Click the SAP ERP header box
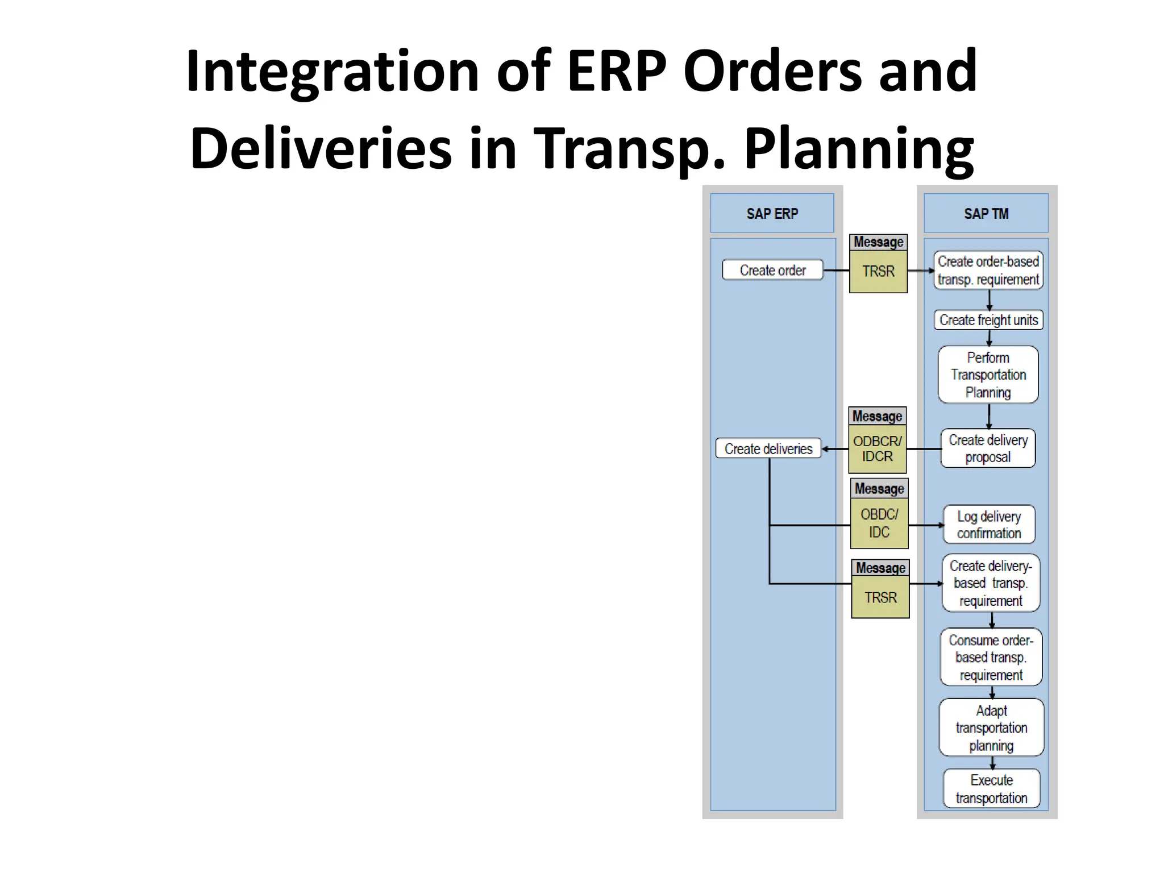point(772,213)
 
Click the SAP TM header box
point(986,213)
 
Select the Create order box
point(772,270)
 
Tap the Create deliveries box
point(768,448)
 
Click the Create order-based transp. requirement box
point(988,271)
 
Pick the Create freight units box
point(988,320)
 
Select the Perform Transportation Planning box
point(988,375)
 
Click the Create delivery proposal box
point(988,448)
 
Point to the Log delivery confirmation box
point(989,525)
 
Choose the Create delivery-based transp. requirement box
point(991,583)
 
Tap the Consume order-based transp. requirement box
point(991,657)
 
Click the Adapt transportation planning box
point(991,727)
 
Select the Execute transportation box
point(991,788)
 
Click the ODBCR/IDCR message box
point(877,448)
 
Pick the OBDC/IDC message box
point(879,523)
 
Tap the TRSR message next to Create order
point(878,271)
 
